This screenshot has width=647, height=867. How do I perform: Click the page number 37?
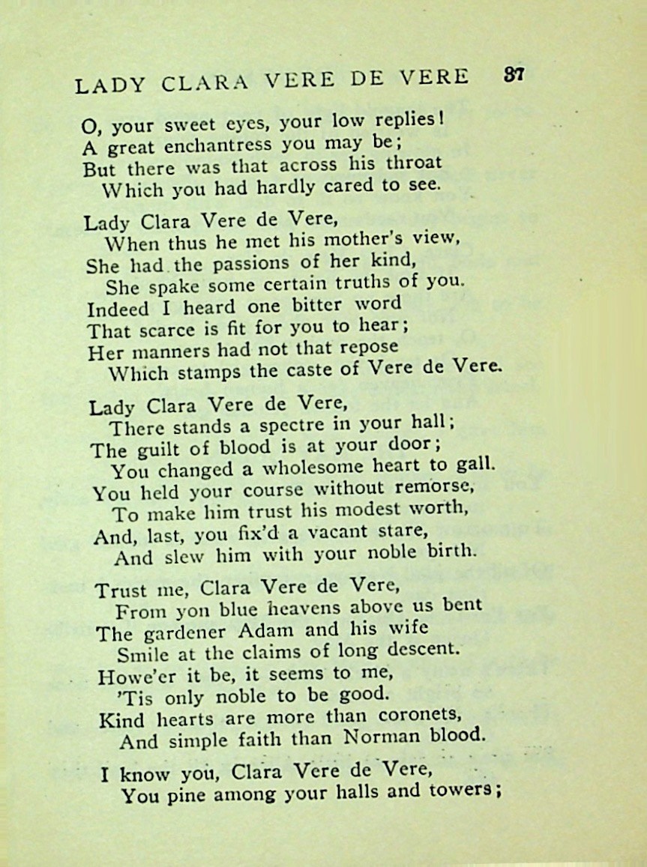pos(514,75)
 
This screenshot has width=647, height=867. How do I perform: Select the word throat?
pos(416,163)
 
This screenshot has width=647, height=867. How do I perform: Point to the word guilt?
pos(161,450)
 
